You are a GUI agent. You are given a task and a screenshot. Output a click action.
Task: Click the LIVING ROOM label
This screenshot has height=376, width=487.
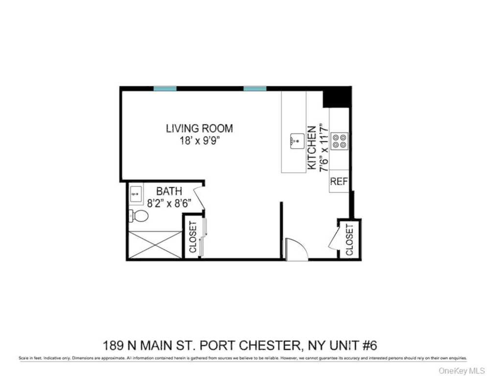point(199,129)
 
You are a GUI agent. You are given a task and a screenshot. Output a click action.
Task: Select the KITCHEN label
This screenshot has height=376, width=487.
point(312,148)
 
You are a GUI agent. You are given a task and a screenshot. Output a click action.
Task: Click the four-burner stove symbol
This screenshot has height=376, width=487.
point(340,141)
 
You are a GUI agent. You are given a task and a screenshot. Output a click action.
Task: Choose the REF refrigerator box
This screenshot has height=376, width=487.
point(339,182)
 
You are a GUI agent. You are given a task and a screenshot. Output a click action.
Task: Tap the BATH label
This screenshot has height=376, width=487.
point(169,191)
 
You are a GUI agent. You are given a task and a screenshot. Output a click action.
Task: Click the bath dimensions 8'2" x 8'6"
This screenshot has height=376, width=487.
point(169,203)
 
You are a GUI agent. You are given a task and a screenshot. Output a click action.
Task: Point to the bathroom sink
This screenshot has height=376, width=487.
point(136,194)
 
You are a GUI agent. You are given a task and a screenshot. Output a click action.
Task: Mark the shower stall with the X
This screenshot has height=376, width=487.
point(155,244)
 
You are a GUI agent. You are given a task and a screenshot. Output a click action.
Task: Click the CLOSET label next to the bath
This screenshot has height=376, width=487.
point(192,237)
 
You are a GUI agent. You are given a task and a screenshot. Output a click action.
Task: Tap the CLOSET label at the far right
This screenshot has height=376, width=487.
point(349,239)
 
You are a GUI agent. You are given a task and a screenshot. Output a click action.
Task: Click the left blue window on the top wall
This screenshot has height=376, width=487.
point(165,89)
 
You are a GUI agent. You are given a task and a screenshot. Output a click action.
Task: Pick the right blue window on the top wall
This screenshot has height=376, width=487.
point(255,89)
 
